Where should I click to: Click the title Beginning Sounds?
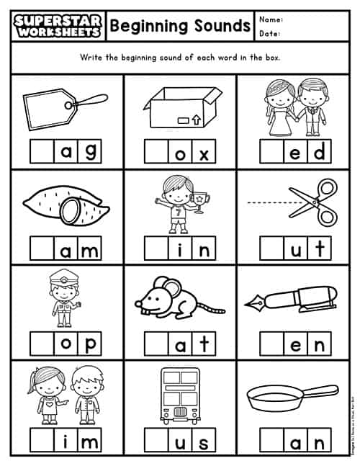(x=180, y=27)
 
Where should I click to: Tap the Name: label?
(x=271, y=19)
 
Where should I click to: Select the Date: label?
(x=270, y=33)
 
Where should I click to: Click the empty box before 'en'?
(x=272, y=344)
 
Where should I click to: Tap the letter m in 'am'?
(x=88, y=249)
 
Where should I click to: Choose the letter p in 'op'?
(x=88, y=344)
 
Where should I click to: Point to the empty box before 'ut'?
(x=272, y=249)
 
